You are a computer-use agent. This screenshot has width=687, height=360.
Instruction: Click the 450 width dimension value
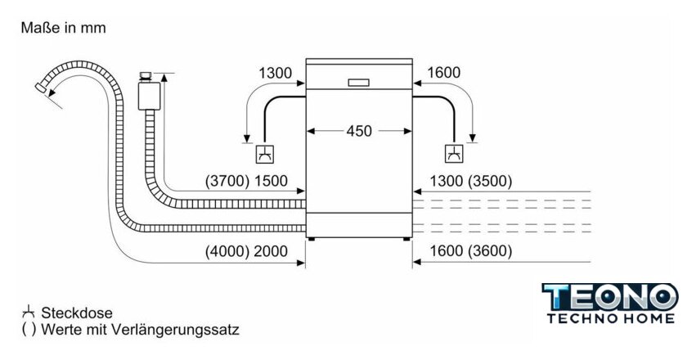click(x=359, y=130)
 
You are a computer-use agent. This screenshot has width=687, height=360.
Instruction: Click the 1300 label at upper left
click(x=275, y=74)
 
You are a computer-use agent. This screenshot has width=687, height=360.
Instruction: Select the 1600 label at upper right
click(x=444, y=74)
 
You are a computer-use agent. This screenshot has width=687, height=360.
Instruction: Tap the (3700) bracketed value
click(x=227, y=182)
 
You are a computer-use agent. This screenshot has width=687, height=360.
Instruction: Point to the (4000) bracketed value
click(x=227, y=251)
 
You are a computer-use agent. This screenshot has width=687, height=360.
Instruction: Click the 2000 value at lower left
click(x=271, y=251)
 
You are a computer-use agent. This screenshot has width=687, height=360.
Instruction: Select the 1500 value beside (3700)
click(x=272, y=182)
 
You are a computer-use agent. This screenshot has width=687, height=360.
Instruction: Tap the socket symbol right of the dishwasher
click(x=452, y=152)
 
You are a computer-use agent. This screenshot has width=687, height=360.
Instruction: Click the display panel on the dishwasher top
click(x=359, y=82)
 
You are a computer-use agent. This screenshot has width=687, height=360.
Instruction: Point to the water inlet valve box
click(x=148, y=95)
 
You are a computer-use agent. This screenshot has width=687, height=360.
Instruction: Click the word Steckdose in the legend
click(x=77, y=313)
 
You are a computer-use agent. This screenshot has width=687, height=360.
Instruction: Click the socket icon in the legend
click(x=29, y=312)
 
